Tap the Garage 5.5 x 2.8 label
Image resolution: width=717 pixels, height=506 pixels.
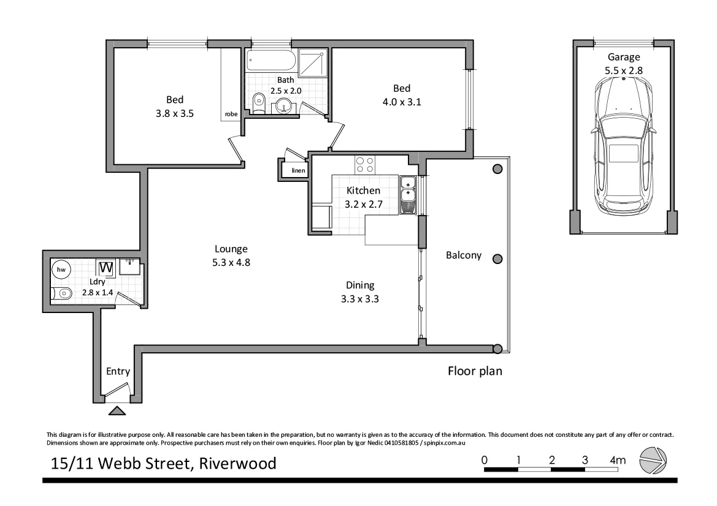(x=623, y=64)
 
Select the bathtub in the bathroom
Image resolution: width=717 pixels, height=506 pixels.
(x=271, y=61)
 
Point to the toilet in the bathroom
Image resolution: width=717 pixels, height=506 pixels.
(x=258, y=102)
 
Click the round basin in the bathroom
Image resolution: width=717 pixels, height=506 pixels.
(x=284, y=106)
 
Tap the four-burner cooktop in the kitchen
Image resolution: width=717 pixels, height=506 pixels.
(x=365, y=165)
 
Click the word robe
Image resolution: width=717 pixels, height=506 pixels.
(x=231, y=114)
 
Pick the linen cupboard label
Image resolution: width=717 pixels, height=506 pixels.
(x=298, y=170)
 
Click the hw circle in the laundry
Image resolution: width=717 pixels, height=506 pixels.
(x=61, y=270)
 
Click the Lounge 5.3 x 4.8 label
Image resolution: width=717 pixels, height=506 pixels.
(x=231, y=255)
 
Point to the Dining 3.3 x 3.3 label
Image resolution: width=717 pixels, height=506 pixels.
(x=360, y=292)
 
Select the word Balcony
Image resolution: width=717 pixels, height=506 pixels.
(x=463, y=256)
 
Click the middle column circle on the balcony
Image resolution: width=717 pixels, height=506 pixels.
(x=498, y=259)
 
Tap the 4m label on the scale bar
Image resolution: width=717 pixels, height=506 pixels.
(x=617, y=459)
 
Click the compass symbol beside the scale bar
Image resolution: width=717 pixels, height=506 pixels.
(x=653, y=461)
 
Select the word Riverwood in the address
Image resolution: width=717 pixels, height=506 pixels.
(x=236, y=463)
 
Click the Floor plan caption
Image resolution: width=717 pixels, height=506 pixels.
(x=475, y=371)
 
